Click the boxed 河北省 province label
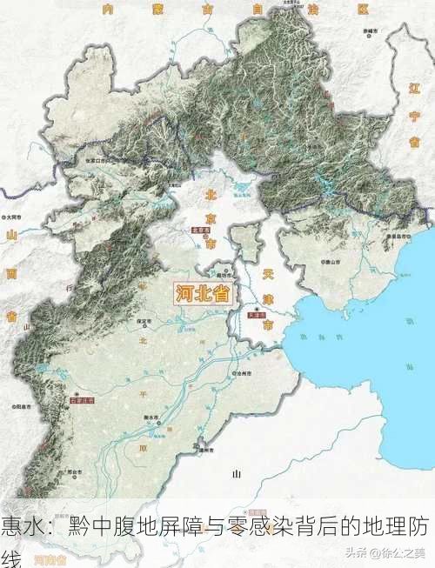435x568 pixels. (x=201, y=293)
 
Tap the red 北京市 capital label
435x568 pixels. (x=202, y=231)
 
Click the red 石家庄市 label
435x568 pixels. (x=80, y=401)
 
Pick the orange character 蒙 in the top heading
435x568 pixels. (x=157, y=10)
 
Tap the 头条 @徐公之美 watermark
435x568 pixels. (x=385, y=552)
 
